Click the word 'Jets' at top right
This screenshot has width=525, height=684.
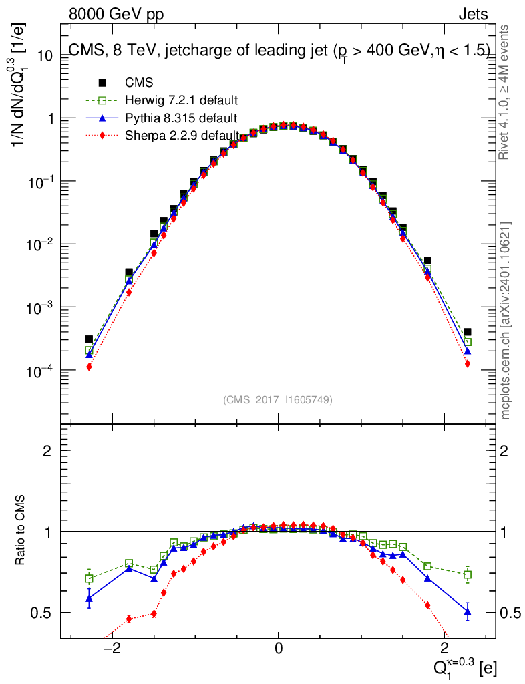(472, 14)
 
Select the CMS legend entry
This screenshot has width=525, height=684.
(139, 83)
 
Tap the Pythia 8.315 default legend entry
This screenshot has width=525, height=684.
(180, 118)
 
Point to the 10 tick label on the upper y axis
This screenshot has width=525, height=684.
(44, 55)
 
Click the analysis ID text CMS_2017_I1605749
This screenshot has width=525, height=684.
(278, 400)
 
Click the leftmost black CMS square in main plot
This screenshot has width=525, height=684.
(89, 339)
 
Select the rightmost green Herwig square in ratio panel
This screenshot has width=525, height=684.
(468, 574)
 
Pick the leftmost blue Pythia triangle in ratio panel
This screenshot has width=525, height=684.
(89, 598)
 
